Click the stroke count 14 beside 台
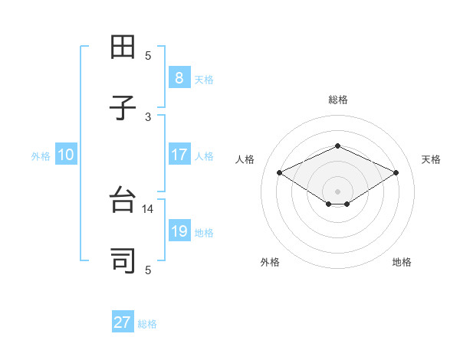point(148,208)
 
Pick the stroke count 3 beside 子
point(148,116)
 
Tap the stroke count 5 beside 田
point(148,55)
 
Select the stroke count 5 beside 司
point(148,270)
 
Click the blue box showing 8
point(179,77)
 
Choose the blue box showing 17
point(179,155)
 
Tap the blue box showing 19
point(179,231)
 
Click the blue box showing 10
point(65,155)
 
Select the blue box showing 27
point(123,322)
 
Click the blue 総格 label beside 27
point(147,324)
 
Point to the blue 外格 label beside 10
point(41,156)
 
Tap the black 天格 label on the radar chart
point(431,159)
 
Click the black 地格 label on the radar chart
point(402,262)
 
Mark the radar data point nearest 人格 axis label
point(279,173)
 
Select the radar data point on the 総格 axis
point(337,146)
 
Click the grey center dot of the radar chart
point(337,191)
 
